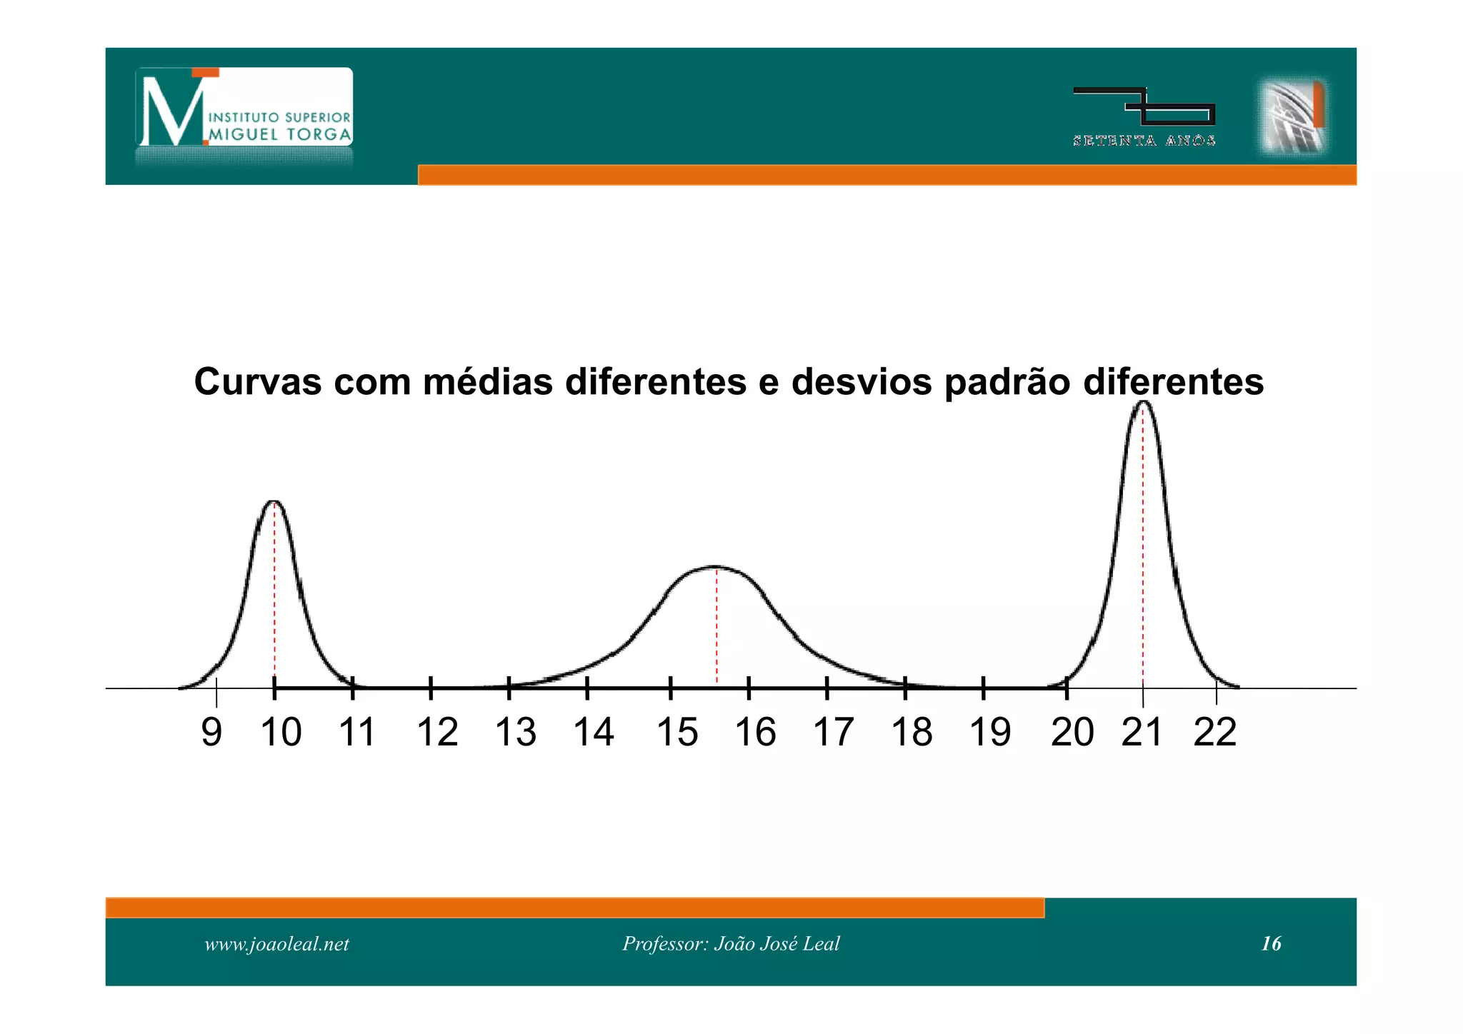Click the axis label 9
[211, 732]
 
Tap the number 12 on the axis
[437, 732]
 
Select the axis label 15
[677, 732]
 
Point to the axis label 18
[912, 732]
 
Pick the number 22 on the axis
[1214, 732]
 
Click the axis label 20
[1072, 732]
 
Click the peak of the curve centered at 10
[274, 502]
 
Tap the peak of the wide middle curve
[716, 567]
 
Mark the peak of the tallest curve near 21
[1143, 403]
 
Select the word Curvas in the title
[258, 381]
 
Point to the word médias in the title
[488, 381]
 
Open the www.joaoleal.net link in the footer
[276, 944]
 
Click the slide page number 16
[1271, 944]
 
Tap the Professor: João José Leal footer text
[731, 944]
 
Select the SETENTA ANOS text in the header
[1144, 141]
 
